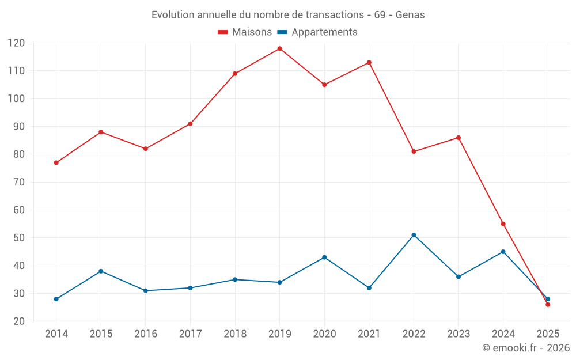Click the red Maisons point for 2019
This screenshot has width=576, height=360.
click(x=279, y=48)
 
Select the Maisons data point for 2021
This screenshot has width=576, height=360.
click(x=369, y=62)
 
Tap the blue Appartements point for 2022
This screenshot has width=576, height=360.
click(x=414, y=235)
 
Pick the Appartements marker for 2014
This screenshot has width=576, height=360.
click(x=56, y=299)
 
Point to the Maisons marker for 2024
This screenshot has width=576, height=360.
click(x=503, y=224)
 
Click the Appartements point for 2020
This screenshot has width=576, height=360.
click(x=324, y=257)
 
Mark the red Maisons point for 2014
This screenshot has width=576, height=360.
click(x=56, y=162)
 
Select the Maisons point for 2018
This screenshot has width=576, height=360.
click(x=235, y=74)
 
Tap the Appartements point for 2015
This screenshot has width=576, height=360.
click(x=101, y=271)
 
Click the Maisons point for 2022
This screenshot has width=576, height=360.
click(x=414, y=151)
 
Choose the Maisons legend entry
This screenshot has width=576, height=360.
click(x=245, y=32)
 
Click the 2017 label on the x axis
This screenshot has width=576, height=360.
click(x=190, y=334)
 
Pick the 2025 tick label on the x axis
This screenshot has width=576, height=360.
click(x=548, y=334)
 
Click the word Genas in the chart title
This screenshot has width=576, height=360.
click(x=410, y=15)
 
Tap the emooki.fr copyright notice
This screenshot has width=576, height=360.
click(x=526, y=348)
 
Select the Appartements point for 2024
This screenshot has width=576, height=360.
click(x=503, y=252)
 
